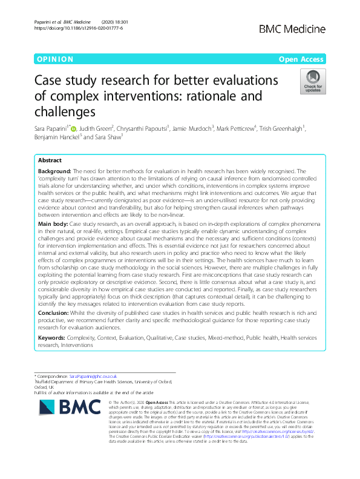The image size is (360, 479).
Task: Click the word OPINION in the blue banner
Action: [55, 59]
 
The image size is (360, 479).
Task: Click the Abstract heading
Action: [50, 160]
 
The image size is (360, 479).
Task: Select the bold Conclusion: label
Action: [56, 313]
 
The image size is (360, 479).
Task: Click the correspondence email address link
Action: [91, 377]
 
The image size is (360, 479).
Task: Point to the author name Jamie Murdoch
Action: [192, 128]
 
